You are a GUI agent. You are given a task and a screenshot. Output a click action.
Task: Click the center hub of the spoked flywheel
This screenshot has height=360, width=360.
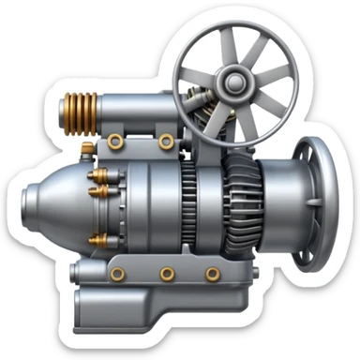pyautogui.click(x=231, y=86)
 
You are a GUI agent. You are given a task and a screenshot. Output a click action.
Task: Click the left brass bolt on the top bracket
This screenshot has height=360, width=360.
pyautogui.click(x=115, y=142)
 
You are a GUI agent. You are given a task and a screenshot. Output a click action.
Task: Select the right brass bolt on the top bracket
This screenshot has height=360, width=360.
pyautogui.click(x=166, y=142)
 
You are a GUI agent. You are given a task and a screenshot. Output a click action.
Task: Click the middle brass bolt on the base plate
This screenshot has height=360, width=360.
pyautogui.click(x=167, y=274)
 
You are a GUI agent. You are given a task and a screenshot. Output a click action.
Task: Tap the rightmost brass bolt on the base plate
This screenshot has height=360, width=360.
pyautogui.click(x=213, y=274)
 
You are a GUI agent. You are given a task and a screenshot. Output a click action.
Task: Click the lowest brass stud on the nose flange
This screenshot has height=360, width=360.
pyautogui.click(x=94, y=240)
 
